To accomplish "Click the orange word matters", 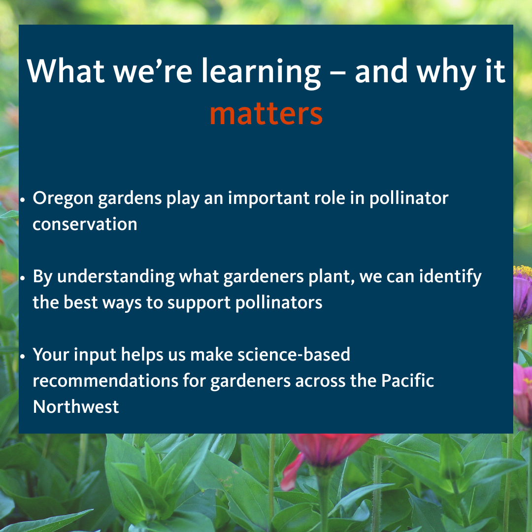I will [266, 113].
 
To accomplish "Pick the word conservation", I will [85, 224].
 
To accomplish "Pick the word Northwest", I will [76, 406].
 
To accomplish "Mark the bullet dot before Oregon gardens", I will [23, 200].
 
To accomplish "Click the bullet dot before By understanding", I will [23, 278].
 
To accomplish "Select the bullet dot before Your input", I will [23, 356].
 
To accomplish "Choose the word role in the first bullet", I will [333, 199].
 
